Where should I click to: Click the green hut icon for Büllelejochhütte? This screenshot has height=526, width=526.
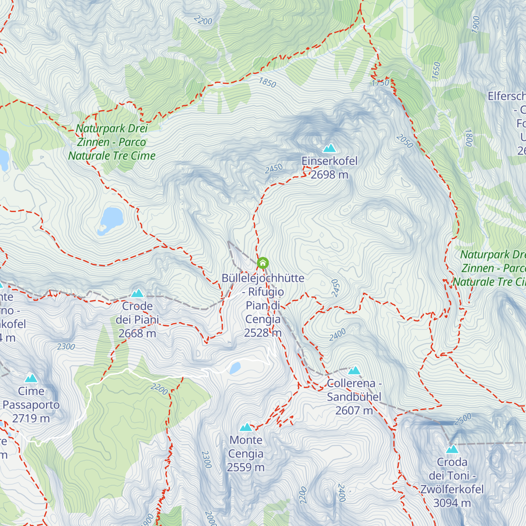[x=262, y=263]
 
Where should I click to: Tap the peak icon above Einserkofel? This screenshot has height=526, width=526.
[x=329, y=148]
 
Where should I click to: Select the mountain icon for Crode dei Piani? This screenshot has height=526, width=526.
[x=137, y=293]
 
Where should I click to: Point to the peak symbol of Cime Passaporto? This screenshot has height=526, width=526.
[x=31, y=378]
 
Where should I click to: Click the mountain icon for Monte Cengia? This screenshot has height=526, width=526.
[x=246, y=427]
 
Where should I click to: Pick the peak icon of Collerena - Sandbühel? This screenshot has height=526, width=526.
[x=354, y=370]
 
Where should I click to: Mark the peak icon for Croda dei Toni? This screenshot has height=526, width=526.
[x=452, y=449]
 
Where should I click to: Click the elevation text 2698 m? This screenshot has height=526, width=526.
[x=329, y=175]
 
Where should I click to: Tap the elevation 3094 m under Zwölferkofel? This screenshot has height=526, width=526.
[x=452, y=503]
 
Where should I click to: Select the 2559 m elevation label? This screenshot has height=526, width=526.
[x=245, y=468]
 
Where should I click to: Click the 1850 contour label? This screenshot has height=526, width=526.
[x=267, y=82]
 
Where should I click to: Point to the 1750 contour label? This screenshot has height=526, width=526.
[x=380, y=83]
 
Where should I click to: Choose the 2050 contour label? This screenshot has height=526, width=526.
[x=404, y=141]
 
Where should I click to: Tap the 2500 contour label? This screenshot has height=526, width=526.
[x=463, y=419]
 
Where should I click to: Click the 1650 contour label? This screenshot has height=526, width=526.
[x=436, y=71]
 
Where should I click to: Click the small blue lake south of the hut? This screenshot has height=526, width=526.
[x=235, y=367]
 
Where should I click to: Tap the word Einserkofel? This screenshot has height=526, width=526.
[x=329, y=161]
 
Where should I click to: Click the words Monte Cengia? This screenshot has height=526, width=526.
[x=245, y=447]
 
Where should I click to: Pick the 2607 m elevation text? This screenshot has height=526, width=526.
[x=354, y=411]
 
